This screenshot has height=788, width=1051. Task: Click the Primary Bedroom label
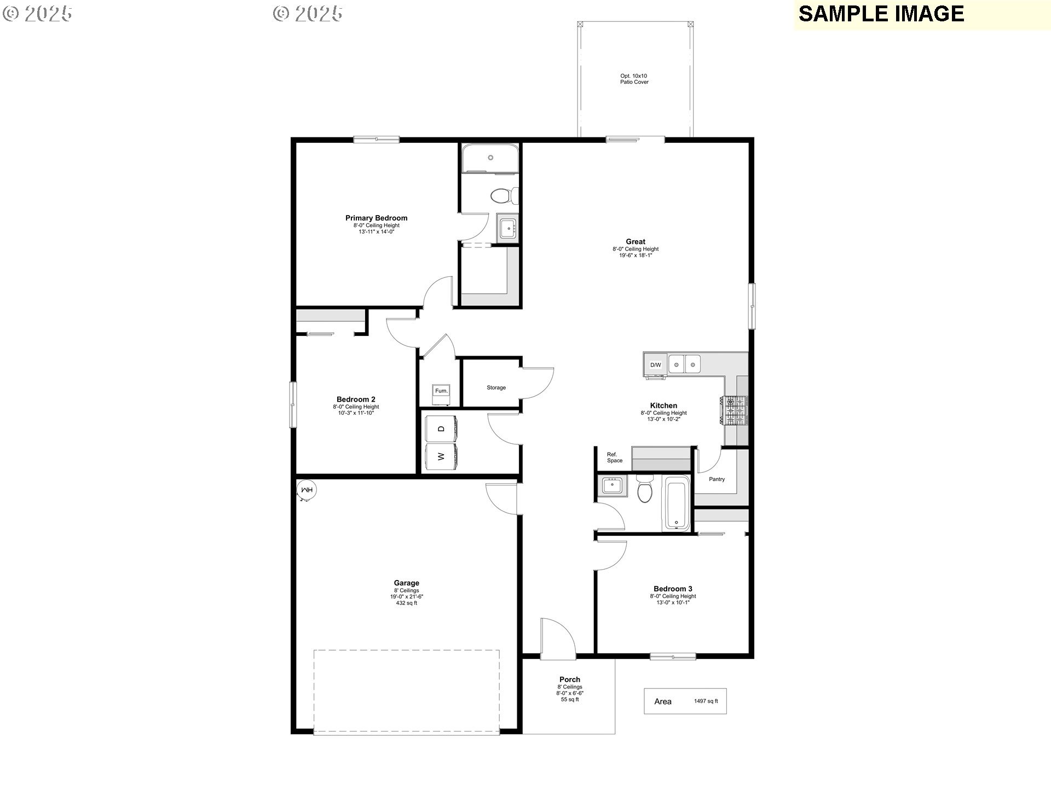click(x=376, y=218)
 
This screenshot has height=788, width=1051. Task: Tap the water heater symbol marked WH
click(x=307, y=490)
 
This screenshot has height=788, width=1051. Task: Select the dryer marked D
click(x=442, y=429)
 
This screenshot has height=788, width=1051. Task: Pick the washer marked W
click(x=442, y=456)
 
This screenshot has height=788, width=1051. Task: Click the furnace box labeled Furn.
click(x=441, y=391)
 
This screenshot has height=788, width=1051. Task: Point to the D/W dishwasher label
click(x=655, y=365)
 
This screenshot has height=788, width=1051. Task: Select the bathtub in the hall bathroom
click(x=677, y=503)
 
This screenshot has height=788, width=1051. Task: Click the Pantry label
click(x=717, y=479)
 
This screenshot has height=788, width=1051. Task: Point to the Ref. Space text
click(x=614, y=457)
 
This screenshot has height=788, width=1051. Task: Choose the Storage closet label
click(x=496, y=387)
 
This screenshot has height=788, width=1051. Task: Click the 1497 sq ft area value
click(x=706, y=701)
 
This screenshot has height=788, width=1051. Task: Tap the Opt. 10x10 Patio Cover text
click(x=634, y=79)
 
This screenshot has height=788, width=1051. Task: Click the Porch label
click(x=569, y=680)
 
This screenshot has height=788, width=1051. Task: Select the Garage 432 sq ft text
click(x=406, y=603)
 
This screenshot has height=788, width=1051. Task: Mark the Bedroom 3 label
click(x=673, y=589)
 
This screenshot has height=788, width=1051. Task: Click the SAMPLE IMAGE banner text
click(x=881, y=14)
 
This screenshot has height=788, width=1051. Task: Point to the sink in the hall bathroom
click(x=611, y=485)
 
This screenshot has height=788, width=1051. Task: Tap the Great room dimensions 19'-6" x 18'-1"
click(x=635, y=255)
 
